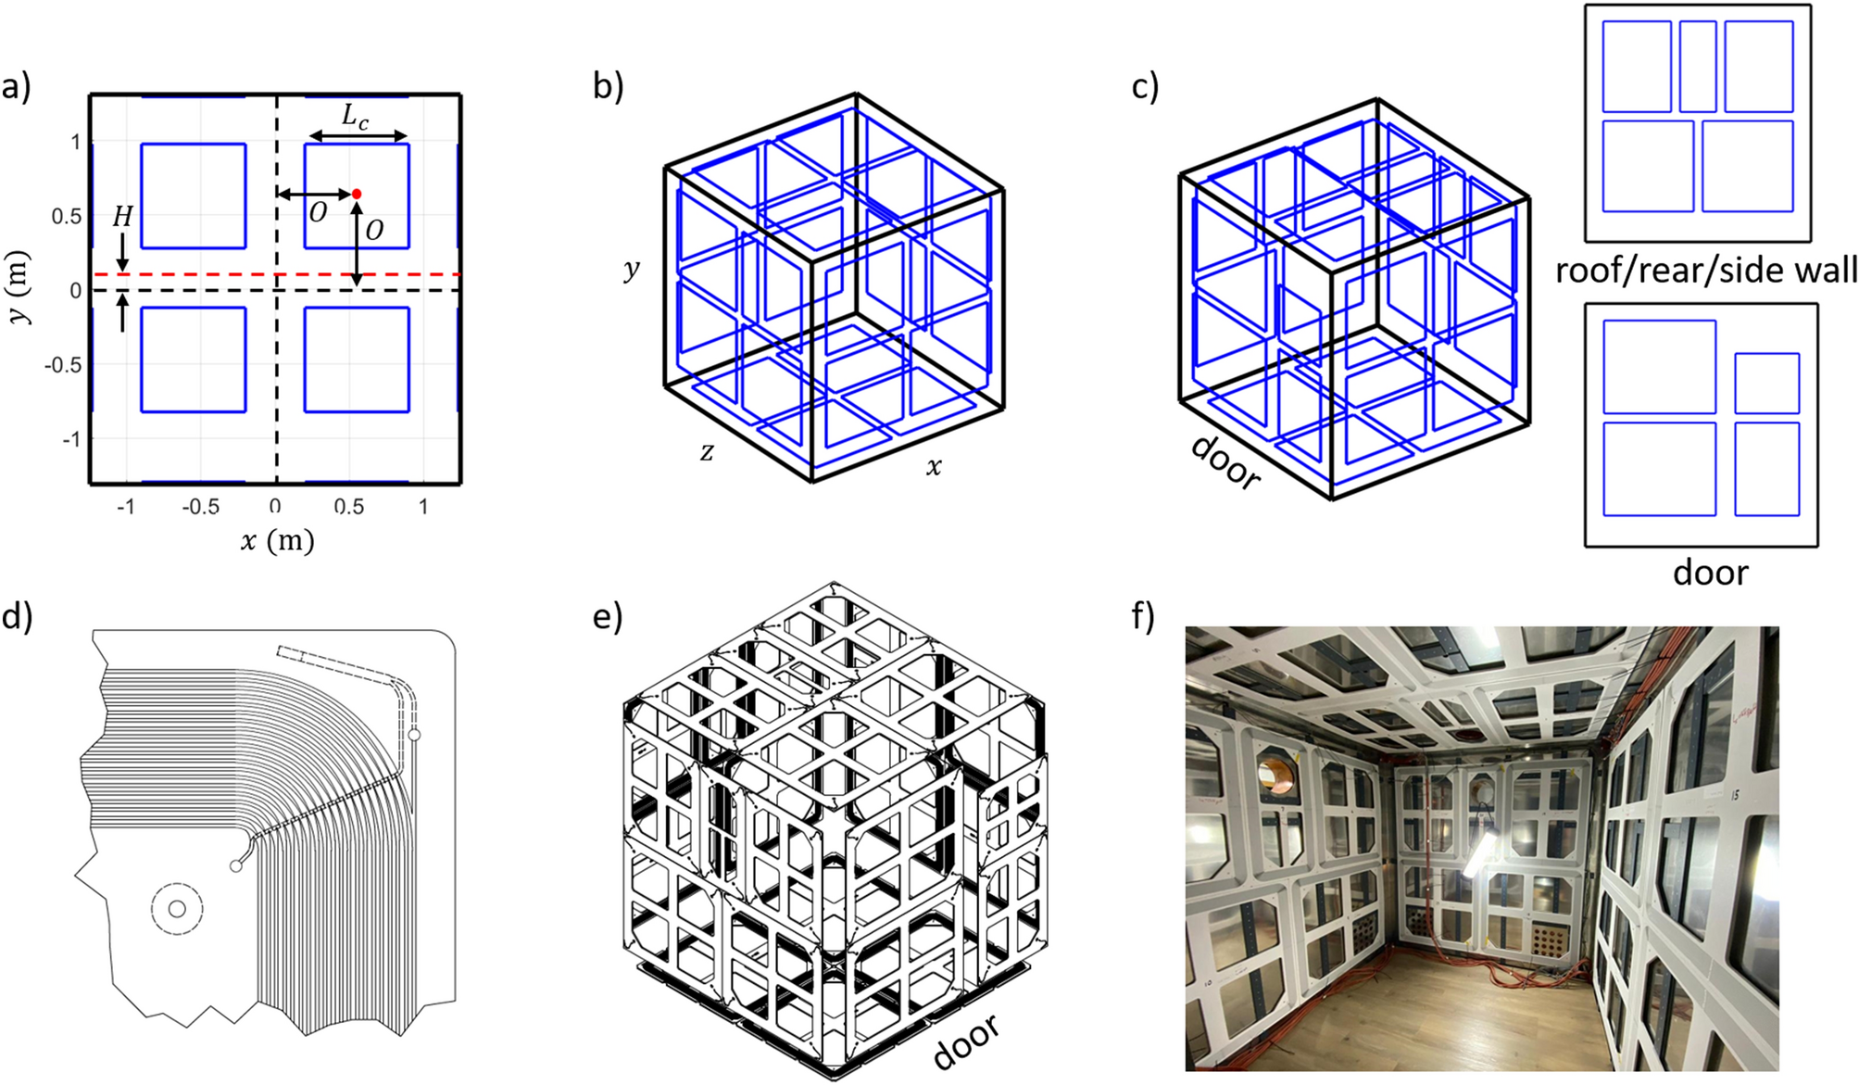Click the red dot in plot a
click(x=357, y=194)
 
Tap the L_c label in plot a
click(x=355, y=117)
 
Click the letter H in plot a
click(x=122, y=217)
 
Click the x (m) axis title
click(x=277, y=540)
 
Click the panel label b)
click(x=609, y=86)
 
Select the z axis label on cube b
click(x=707, y=451)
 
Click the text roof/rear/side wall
click(x=1705, y=271)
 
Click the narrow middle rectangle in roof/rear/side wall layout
click(x=1697, y=67)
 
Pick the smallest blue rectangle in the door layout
click(x=1766, y=383)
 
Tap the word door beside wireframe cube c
click(x=1225, y=461)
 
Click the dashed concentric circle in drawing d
click(x=176, y=908)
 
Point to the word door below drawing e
click(x=966, y=1041)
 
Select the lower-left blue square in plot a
click(x=194, y=360)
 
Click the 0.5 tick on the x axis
click(x=349, y=507)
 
